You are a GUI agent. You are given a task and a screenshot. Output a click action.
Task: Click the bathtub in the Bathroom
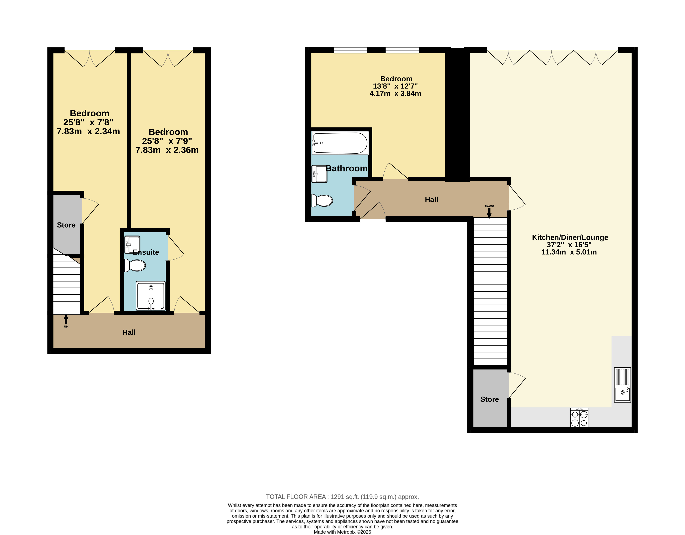coord(340,143)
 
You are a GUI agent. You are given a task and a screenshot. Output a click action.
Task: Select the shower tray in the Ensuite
coord(151,296)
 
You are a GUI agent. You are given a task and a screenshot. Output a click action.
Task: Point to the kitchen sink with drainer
coord(622,385)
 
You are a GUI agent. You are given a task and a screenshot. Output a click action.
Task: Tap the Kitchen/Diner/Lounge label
coord(570,237)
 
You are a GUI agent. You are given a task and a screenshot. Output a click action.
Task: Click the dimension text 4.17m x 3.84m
coord(395,93)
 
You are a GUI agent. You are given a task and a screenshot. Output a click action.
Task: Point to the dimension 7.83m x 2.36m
coord(167,150)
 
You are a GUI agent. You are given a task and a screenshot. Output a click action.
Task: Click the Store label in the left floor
coord(66,225)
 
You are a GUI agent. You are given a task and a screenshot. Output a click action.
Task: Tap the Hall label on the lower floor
coord(129,332)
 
